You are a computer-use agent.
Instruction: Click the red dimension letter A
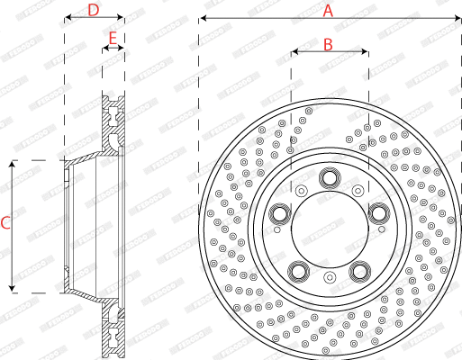click(328, 11)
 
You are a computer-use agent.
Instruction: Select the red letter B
click(328, 43)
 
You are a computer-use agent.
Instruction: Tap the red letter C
click(6, 223)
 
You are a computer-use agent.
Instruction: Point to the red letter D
click(93, 11)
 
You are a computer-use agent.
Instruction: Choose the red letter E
click(113, 38)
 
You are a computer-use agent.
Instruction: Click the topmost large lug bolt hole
click(329, 177)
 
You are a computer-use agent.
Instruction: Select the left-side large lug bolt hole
click(279, 214)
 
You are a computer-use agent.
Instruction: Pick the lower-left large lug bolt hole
click(298, 270)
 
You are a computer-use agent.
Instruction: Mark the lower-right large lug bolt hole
click(360, 270)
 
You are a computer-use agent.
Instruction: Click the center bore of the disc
click(329, 229)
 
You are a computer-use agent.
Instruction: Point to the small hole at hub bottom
click(329, 278)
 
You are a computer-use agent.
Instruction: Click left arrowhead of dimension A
click(202, 18)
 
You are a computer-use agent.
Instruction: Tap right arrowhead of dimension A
click(457, 18)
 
